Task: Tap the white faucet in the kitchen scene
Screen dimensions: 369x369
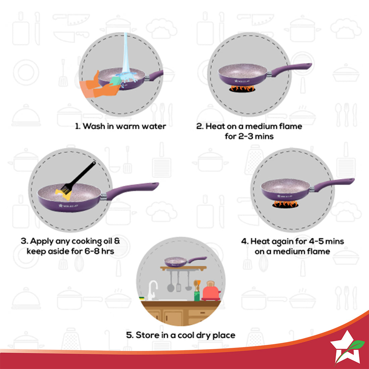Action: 152,289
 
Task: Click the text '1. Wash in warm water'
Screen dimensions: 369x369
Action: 120,126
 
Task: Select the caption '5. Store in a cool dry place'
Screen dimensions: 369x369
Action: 180,335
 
